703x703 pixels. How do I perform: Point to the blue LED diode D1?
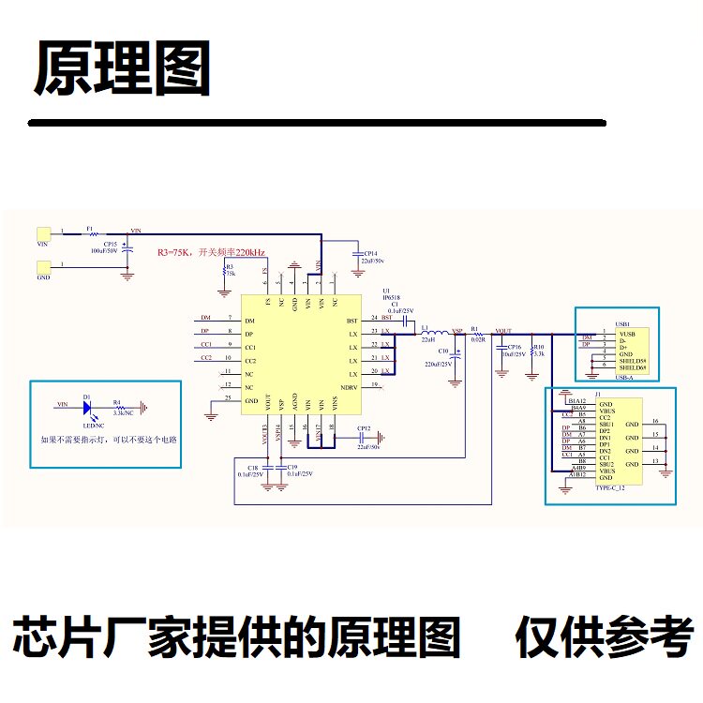pyautogui.click(x=87, y=406)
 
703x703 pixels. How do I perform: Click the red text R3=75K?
pyautogui.click(x=174, y=253)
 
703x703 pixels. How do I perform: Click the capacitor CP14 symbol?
pyautogui.click(x=356, y=254)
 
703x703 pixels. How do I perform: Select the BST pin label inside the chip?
pyautogui.click(x=351, y=321)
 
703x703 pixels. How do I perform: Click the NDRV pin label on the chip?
pyautogui.click(x=349, y=388)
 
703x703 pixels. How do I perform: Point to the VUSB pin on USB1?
pyautogui.click(x=627, y=333)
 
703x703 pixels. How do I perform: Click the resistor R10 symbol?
pyautogui.click(x=532, y=354)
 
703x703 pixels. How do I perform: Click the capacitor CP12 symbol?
pyautogui.click(x=359, y=436)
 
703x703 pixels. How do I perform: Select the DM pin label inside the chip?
pyautogui.click(x=249, y=322)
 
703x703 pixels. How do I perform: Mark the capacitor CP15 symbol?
pyautogui.click(x=128, y=250)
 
